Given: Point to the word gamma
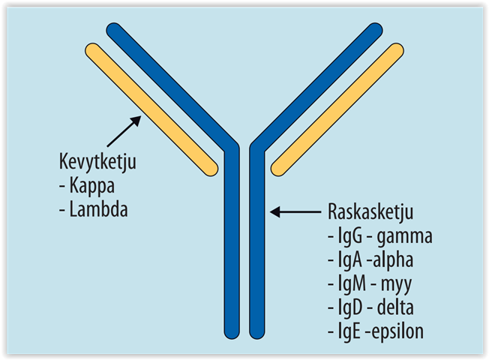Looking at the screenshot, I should point(406,237).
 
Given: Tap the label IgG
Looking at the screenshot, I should point(349,237).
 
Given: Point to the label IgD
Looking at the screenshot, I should point(349,308).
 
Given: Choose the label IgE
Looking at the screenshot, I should point(348,331).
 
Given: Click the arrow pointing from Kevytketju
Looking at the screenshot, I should point(124,129).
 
